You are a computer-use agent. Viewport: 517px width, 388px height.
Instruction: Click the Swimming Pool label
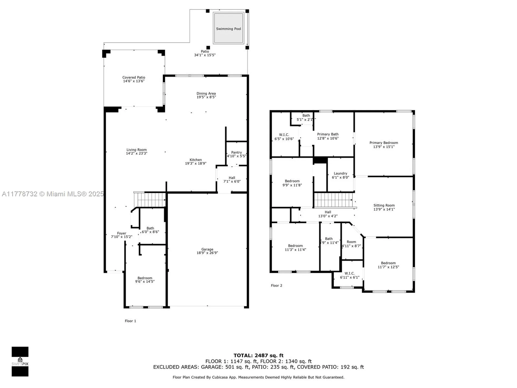pos(228,29)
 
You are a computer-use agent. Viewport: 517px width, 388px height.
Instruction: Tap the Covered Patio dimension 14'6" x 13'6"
pos(134,81)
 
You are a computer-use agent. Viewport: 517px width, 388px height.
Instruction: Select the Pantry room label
pos(236,153)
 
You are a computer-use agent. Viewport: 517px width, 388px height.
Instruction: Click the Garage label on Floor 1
pos(207,250)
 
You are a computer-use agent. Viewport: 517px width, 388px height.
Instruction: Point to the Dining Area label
pos(206,93)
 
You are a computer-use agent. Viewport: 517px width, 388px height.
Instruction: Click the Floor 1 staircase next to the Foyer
pos(151,200)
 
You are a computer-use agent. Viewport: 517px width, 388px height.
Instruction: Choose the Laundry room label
pos(340,174)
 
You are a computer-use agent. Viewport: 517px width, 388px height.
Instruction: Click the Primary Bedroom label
pos(383,143)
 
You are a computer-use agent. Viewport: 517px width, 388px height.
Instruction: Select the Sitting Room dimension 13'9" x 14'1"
pos(384,209)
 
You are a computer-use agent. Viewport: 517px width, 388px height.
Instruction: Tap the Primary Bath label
pos(328,134)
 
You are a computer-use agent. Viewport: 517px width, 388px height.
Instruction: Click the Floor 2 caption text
pos(277,286)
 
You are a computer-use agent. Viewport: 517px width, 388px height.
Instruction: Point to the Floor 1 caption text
pos(130,321)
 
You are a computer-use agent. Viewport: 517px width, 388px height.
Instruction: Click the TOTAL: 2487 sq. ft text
pos(258,355)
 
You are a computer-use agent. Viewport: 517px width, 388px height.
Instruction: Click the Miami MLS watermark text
pos(53,194)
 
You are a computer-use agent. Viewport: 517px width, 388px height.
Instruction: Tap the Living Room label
pos(137,150)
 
